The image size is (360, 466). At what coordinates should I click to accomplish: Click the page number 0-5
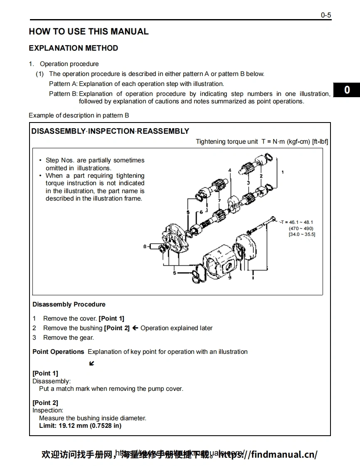(325, 15)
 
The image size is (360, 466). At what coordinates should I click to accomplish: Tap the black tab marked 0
(347, 90)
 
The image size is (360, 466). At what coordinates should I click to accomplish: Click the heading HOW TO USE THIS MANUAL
(89, 32)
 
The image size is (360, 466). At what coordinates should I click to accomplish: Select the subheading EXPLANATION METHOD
(74, 48)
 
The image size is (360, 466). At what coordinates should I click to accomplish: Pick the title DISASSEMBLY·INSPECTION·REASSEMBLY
(110, 131)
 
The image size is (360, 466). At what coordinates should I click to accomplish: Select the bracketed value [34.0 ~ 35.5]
(302, 234)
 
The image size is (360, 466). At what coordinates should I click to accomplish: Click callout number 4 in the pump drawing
(229, 170)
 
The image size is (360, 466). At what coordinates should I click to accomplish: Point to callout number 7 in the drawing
(219, 200)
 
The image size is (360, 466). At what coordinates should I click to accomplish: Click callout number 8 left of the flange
(145, 246)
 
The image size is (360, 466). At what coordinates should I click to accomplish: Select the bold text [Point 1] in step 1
(111, 319)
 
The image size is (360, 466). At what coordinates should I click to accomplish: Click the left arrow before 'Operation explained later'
(135, 328)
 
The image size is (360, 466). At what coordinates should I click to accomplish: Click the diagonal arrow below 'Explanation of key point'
(91, 364)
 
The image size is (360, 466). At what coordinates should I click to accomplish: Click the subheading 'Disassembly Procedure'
(69, 304)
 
